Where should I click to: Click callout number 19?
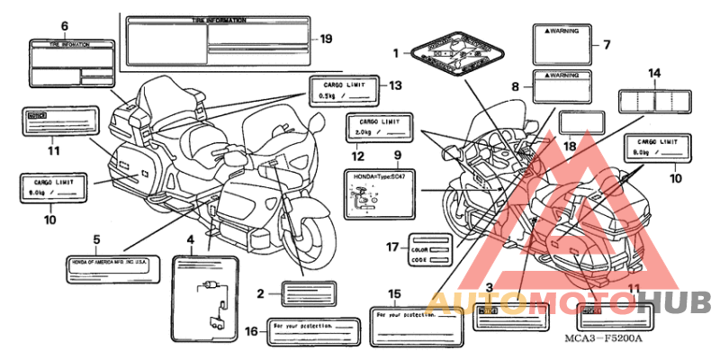(326, 38)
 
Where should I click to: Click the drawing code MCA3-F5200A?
(604, 338)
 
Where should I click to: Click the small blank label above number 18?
(577, 122)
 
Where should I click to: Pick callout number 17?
(392, 247)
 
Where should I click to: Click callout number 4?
(190, 240)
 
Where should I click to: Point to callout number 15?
(393, 293)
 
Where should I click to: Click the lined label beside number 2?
(309, 292)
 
